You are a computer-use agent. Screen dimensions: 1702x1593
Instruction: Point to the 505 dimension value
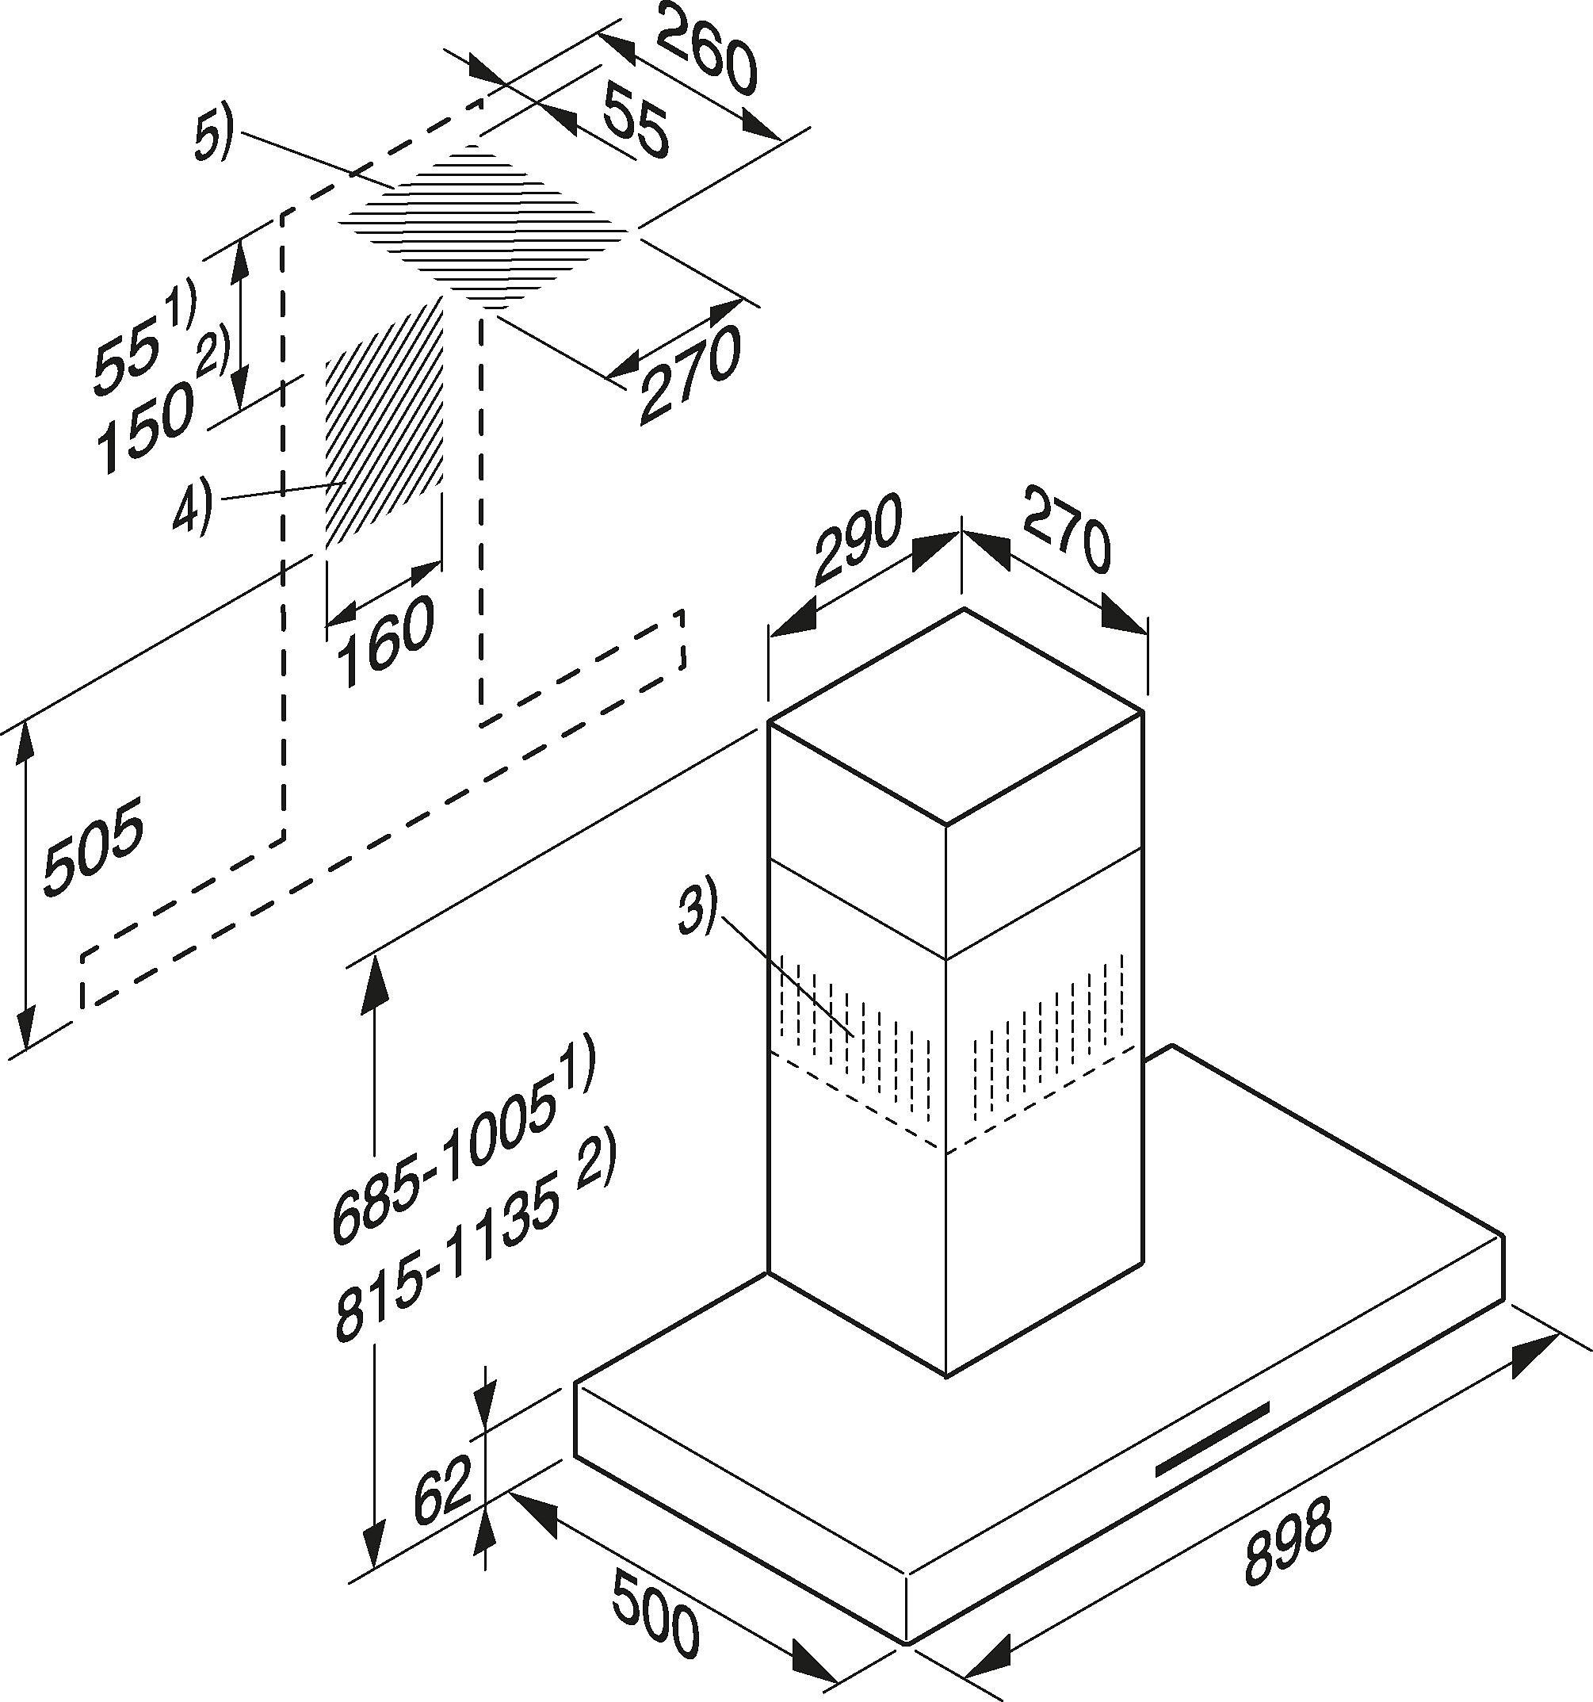point(93,847)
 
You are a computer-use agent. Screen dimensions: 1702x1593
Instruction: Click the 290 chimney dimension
point(857,538)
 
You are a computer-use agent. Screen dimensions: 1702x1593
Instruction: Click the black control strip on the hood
point(1211,1451)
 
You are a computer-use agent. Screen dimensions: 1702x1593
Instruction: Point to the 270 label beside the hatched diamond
point(689,376)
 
